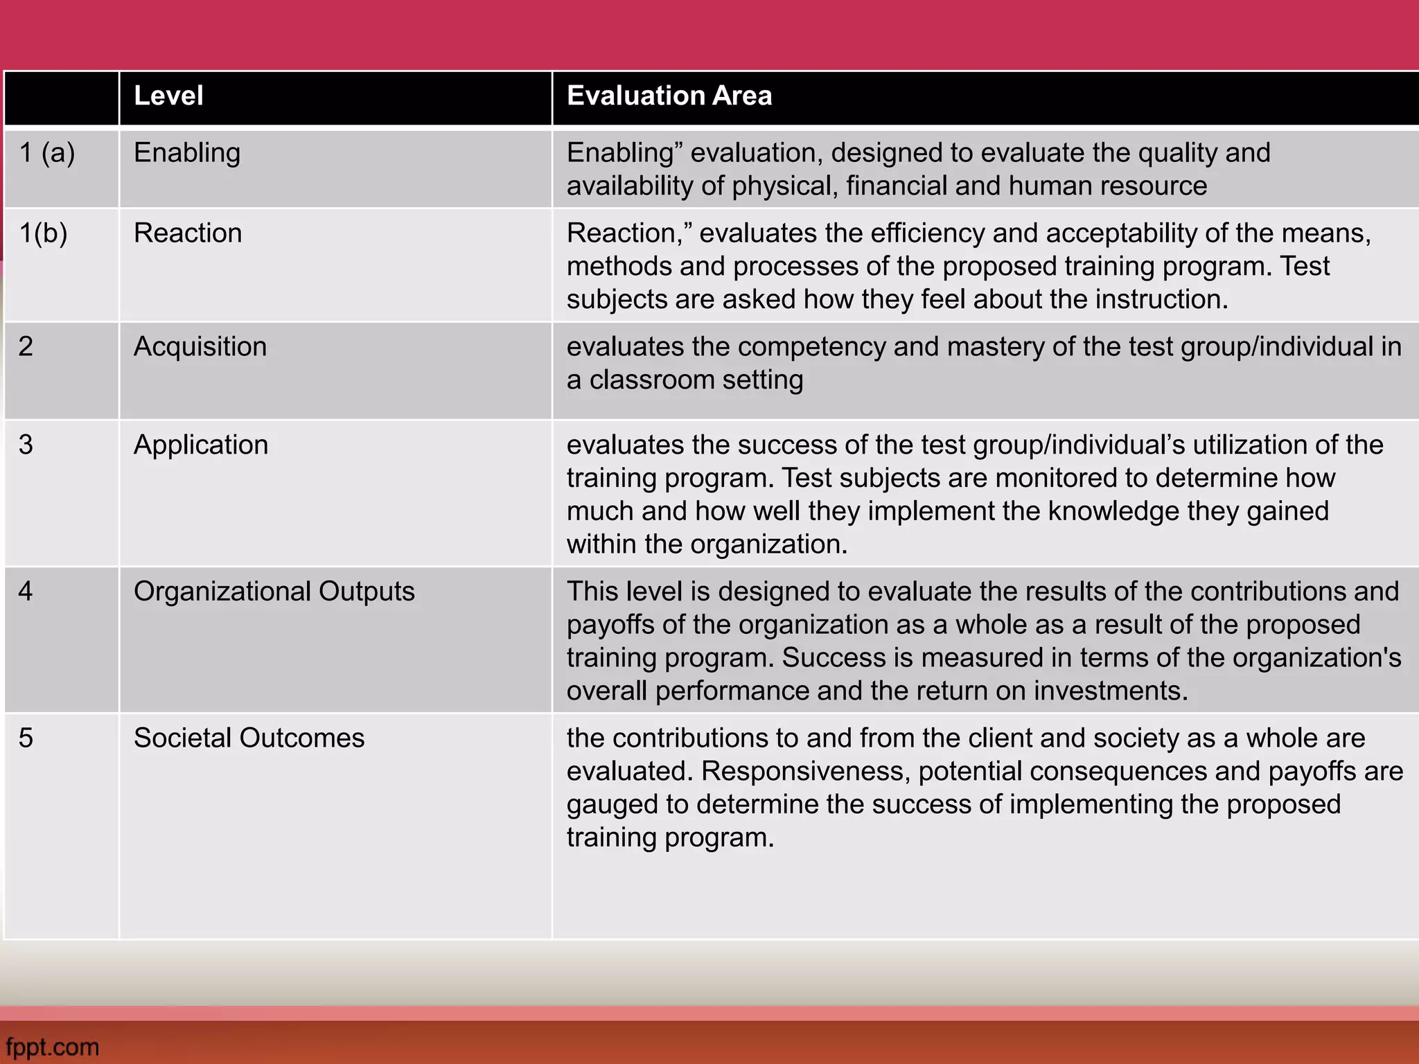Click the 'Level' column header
[168, 96]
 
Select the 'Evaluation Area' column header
[669, 96]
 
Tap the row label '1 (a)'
[47, 152]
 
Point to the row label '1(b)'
[43, 233]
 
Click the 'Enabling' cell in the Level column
[187, 152]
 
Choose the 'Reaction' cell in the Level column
[188, 233]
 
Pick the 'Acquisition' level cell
[200, 346]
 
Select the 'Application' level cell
[201, 445]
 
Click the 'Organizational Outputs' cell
[274, 592]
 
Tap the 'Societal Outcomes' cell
[249, 738]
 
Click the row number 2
[26, 346]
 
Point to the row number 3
[26, 445]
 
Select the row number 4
[26, 592]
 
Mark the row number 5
[26, 738]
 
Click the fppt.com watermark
[53, 1047]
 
